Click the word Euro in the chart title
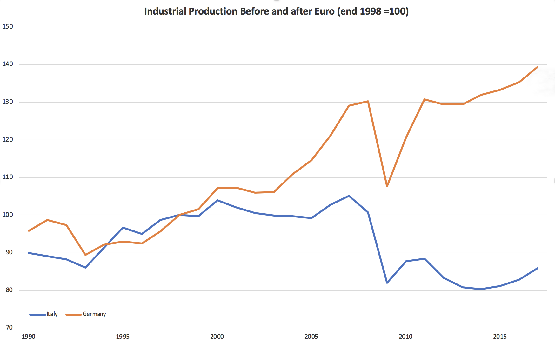324,11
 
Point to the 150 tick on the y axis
8,27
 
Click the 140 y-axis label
8,64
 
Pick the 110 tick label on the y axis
8,177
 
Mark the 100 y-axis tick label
8,215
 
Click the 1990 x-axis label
28,337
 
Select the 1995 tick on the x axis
123,337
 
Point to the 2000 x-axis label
217,337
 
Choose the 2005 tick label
311,337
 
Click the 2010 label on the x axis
405,337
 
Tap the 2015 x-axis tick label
500,337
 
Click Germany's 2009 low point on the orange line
387,186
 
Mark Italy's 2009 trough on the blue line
387,283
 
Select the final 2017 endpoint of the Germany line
538,67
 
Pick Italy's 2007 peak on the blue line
349,196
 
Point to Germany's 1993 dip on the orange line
85,255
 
